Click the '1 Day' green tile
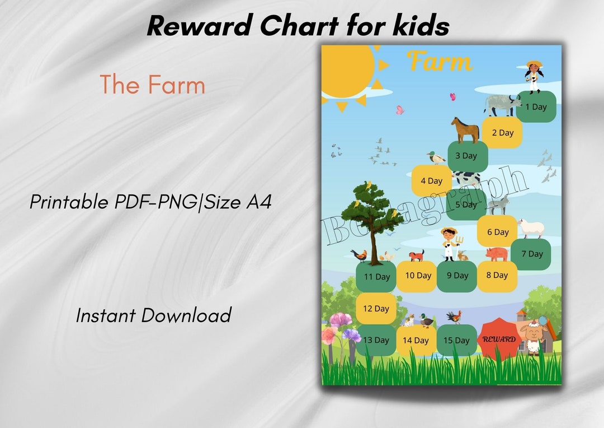click(x=536, y=106)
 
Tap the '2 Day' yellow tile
click(x=502, y=133)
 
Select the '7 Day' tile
click(x=531, y=254)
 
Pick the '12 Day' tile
click(x=376, y=309)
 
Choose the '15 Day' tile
click(x=456, y=340)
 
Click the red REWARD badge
click(x=498, y=339)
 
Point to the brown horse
click(x=465, y=130)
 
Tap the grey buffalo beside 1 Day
click(x=502, y=105)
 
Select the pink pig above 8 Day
click(x=497, y=254)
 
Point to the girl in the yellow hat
click(x=534, y=77)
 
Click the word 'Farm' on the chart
click(x=440, y=61)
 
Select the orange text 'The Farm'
click(x=153, y=85)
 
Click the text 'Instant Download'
click(x=153, y=315)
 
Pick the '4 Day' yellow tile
click(x=431, y=181)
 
